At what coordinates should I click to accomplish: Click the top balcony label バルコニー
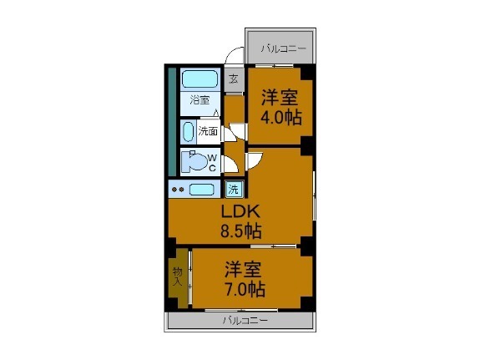(x=283, y=48)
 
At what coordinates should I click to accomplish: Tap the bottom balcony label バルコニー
(x=245, y=320)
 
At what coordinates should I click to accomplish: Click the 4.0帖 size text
(x=281, y=117)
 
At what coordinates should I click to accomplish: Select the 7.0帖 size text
(x=245, y=290)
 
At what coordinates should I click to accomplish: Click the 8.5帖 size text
(x=240, y=231)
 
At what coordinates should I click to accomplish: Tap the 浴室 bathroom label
(x=199, y=100)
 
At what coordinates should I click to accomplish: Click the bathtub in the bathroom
(x=200, y=80)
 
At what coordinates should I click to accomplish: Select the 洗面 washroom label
(x=208, y=131)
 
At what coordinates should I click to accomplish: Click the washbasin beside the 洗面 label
(x=188, y=132)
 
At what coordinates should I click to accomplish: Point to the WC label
(x=212, y=162)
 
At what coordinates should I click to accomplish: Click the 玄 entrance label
(x=234, y=80)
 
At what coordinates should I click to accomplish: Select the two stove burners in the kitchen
(x=178, y=190)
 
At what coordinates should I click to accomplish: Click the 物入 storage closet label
(x=177, y=276)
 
